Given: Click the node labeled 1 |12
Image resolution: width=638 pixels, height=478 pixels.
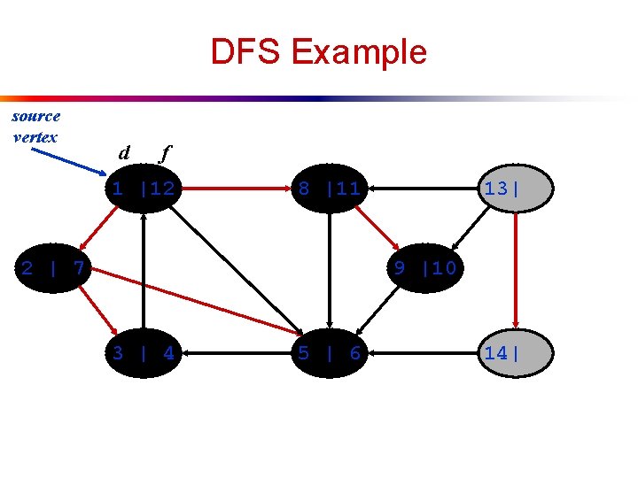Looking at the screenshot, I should click(x=142, y=189).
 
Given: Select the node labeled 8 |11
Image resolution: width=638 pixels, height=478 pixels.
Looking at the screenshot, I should click(x=329, y=189).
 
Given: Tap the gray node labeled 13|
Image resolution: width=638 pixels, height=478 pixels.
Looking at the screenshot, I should click(x=517, y=189).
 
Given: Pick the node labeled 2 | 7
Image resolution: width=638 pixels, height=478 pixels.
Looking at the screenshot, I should click(x=53, y=266).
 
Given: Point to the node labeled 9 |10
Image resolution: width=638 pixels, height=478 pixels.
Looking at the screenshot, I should click(x=424, y=266).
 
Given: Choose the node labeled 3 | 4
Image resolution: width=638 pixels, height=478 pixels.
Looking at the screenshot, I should click(x=142, y=353).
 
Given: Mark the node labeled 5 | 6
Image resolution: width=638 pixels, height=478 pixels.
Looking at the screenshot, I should click(x=329, y=353).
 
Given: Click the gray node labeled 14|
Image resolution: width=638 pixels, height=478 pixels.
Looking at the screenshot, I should click(x=517, y=353).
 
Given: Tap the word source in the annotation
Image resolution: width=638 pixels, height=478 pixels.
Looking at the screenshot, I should click(x=36, y=116).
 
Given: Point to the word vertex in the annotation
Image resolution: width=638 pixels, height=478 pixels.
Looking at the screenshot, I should click(x=35, y=137).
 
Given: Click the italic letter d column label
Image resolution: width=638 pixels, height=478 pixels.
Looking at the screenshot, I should click(x=124, y=153).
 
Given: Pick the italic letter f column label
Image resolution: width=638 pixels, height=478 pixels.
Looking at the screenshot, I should click(x=163, y=153).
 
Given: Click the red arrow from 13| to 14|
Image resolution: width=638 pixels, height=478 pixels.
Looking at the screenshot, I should click(x=517, y=270).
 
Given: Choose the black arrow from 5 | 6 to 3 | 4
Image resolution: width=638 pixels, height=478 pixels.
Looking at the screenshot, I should click(x=235, y=353).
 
